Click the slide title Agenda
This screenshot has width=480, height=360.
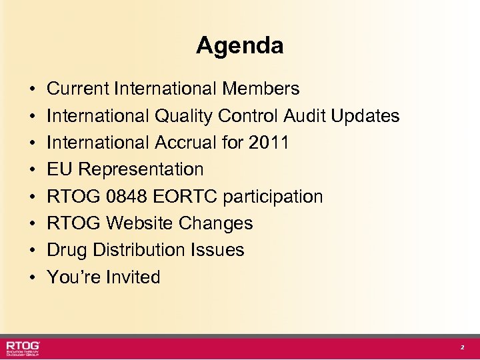coord(239,46)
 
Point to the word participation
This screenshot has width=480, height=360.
coord(273,197)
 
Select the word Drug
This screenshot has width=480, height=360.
coord(67,250)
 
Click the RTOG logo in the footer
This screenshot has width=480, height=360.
coord(24,348)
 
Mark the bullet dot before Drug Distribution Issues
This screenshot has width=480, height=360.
coord(32,251)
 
